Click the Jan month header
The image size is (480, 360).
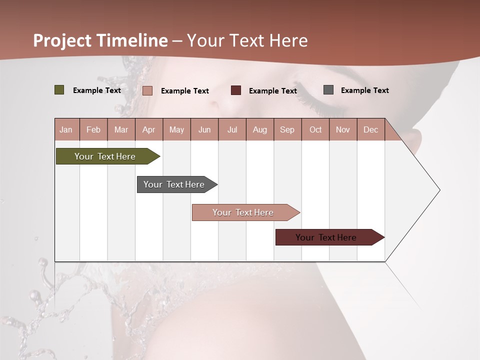[66, 129]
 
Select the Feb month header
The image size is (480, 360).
[93, 129]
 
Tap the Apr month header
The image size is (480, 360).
[148, 129]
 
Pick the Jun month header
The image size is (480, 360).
[204, 129]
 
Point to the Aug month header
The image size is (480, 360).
[259, 129]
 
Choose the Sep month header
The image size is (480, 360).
[287, 129]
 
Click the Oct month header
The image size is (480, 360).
[315, 129]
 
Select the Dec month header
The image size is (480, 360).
[370, 129]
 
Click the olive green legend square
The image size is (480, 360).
[59, 90]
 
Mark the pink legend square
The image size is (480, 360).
[147, 90]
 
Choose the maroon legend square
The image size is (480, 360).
[236, 90]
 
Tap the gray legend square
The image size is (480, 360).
[328, 90]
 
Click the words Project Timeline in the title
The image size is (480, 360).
[100, 40]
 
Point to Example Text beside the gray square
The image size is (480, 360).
[364, 90]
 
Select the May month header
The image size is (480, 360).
[176, 129]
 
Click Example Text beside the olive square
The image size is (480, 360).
[97, 90]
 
